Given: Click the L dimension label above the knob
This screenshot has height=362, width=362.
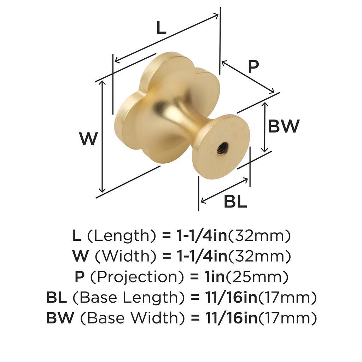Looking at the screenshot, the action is pos(161,28).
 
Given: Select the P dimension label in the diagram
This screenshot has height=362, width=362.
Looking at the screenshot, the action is pos(253,66).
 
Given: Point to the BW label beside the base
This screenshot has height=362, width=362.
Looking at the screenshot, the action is pos(284,126).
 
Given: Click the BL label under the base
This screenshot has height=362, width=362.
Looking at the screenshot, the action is pos(235,201).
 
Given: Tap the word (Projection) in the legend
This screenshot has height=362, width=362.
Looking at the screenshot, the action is pos(137,277).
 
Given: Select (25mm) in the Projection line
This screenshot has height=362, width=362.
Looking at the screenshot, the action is pos(257,277).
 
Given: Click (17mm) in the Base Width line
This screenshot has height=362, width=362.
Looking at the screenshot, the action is pos(287,318).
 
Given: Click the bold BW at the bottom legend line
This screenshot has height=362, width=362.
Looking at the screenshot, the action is pos(60,318).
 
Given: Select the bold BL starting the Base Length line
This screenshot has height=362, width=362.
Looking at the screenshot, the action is pos(57,297).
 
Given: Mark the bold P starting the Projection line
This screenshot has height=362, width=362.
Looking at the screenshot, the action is pos(80,277).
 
